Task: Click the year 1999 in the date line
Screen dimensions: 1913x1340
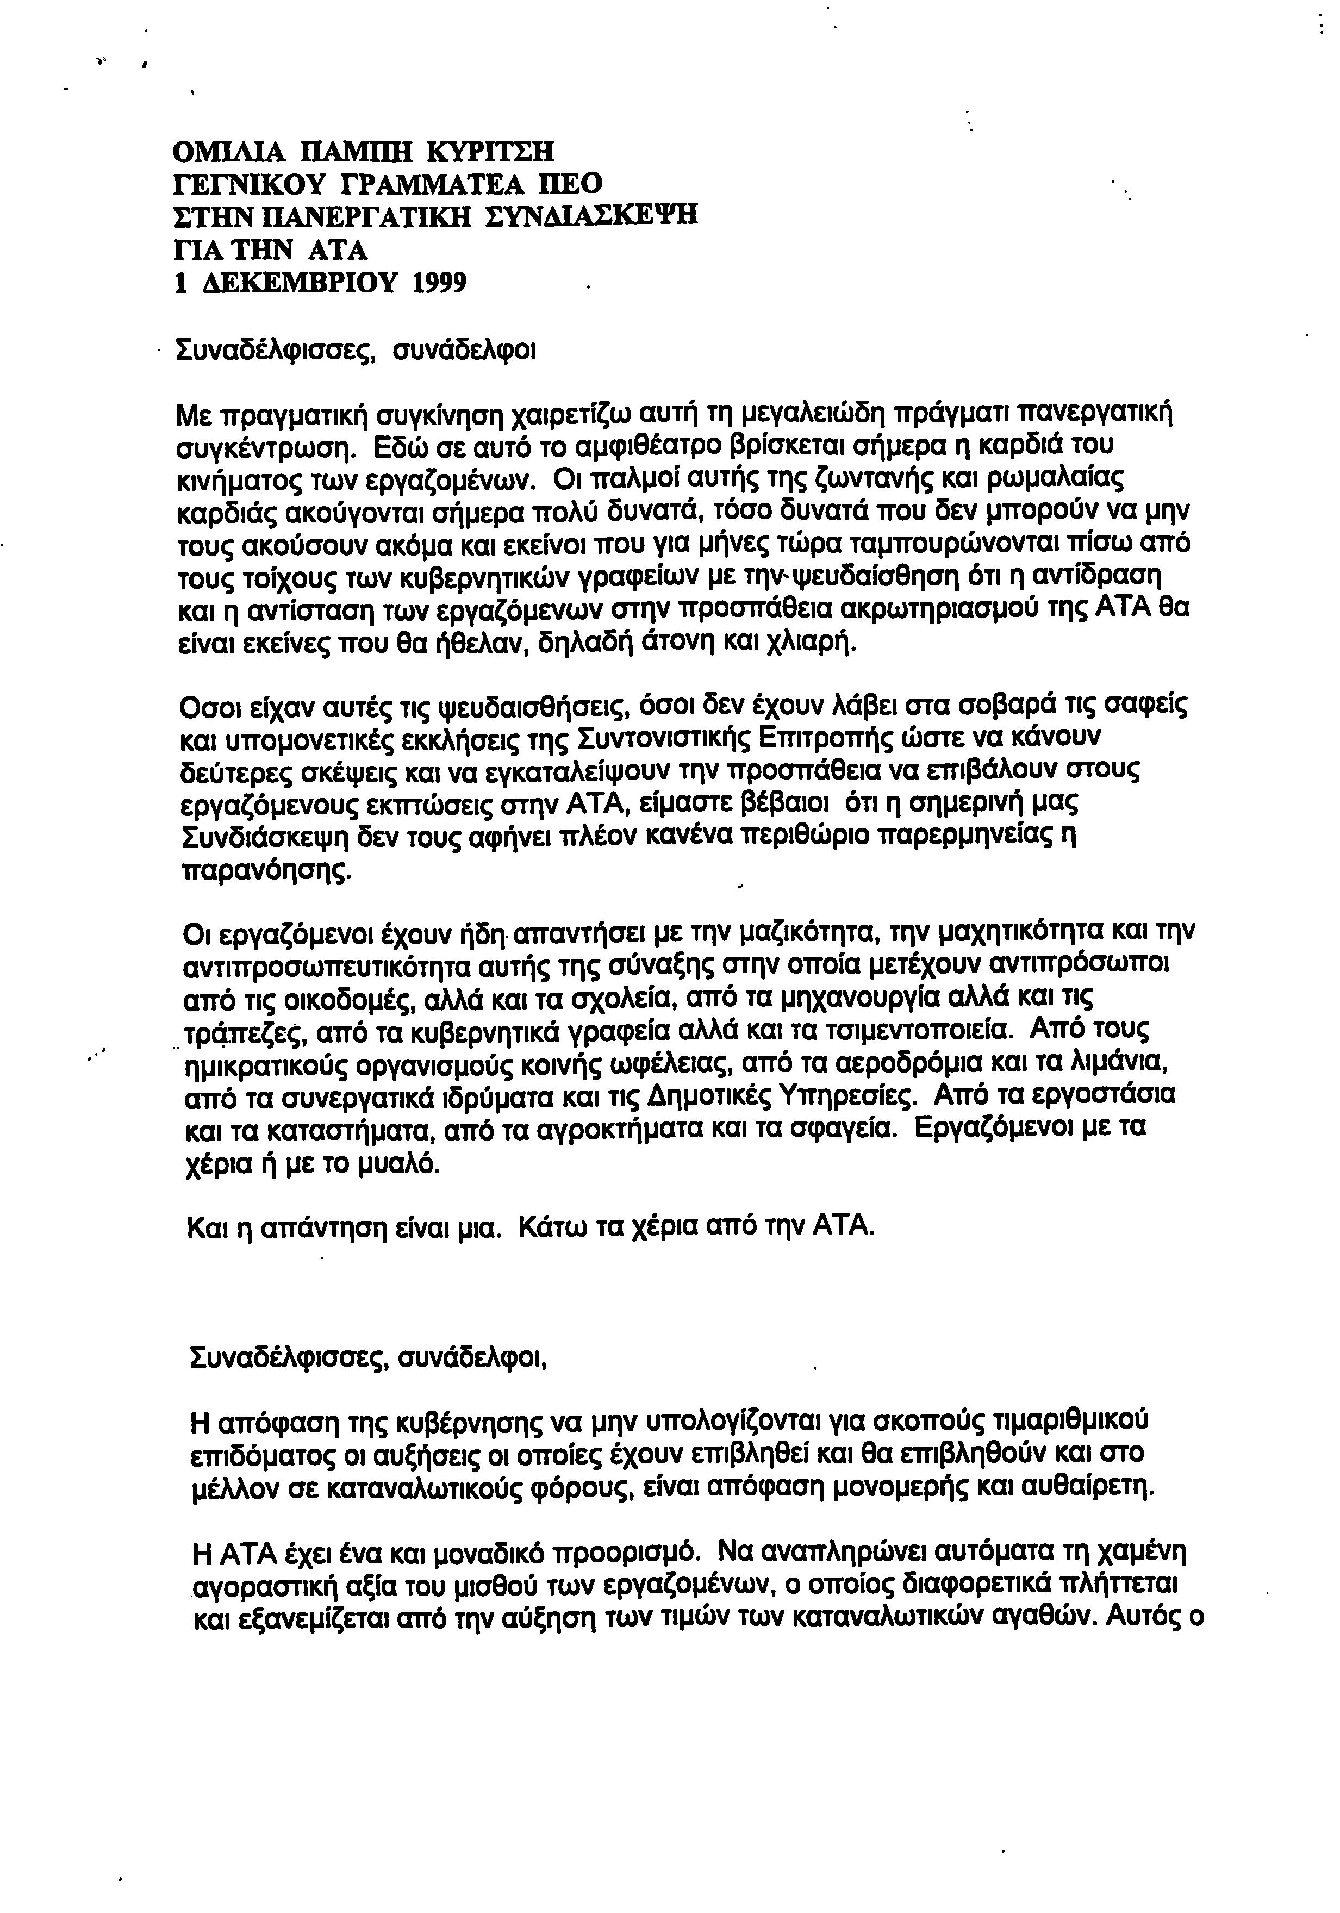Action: pyautogui.click(x=439, y=283)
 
